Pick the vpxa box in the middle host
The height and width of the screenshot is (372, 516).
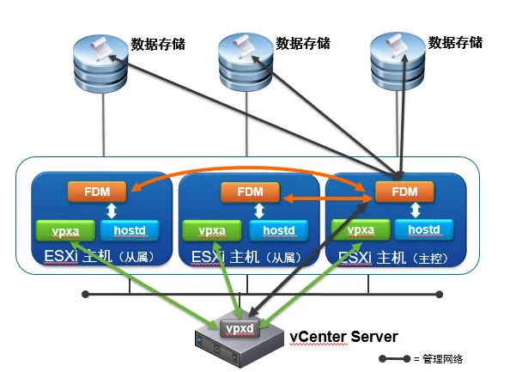tap(211, 230)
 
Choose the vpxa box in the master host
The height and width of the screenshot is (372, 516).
tap(361, 229)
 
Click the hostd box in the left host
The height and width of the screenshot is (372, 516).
tap(129, 230)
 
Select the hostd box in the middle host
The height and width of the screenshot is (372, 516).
tap(277, 230)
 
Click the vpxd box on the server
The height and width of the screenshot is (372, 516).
tap(240, 329)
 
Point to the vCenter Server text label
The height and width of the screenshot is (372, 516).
tap(342, 334)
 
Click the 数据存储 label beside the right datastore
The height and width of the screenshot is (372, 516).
tap(455, 42)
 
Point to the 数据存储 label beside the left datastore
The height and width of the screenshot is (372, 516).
tap(158, 43)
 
